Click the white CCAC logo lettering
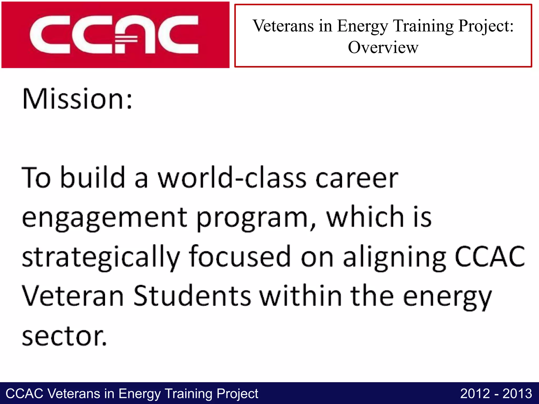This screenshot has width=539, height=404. click(x=114, y=35)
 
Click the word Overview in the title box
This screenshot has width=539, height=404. click(x=383, y=48)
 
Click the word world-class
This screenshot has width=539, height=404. click(x=232, y=178)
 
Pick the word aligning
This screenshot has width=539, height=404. click(x=395, y=257)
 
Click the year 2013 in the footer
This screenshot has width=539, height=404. click(x=517, y=394)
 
